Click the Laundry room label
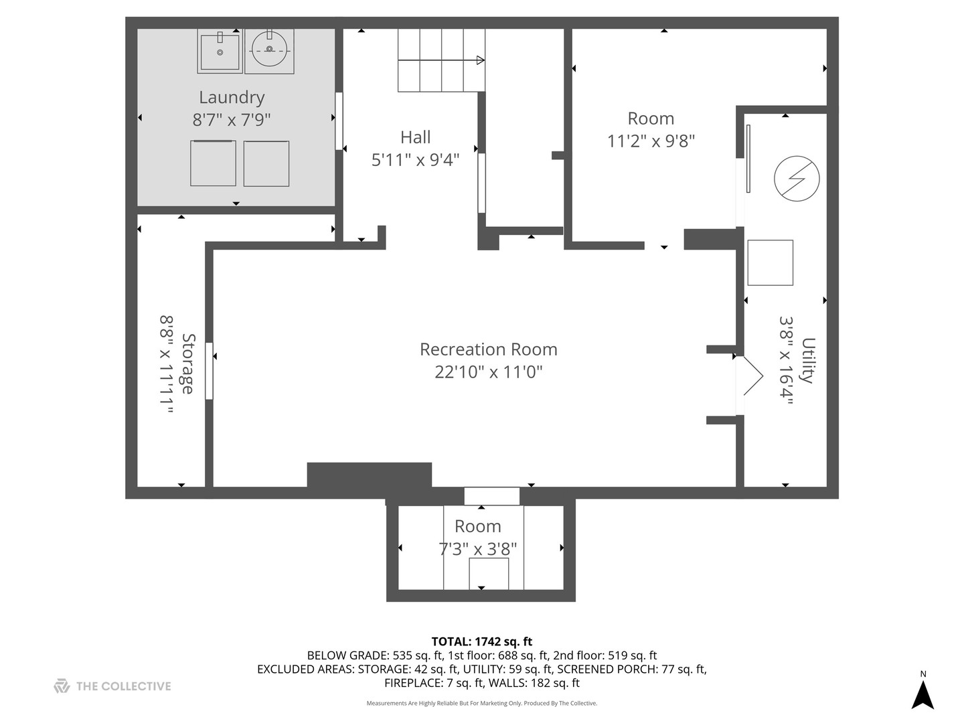pyautogui.click(x=232, y=98)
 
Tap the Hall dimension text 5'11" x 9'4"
pyautogui.click(x=415, y=160)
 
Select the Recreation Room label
pyautogui.click(x=489, y=349)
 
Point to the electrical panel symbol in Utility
pyautogui.click(x=796, y=179)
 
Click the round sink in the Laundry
pyautogui.click(x=269, y=49)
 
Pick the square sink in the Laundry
pyautogui.click(x=220, y=52)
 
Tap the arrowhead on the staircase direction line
pyautogui.click(x=481, y=60)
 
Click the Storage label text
pyautogui.click(x=188, y=364)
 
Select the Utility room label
pyautogui.click(x=808, y=360)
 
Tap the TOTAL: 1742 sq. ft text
pyautogui.click(x=482, y=641)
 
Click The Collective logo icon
pyautogui.click(x=62, y=686)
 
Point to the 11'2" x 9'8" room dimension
pyautogui.click(x=651, y=141)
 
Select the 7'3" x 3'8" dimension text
pyautogui.click(x=478, y=549)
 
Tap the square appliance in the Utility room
pyautogui.click(x=770, y=262)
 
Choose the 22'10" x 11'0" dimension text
pyautogui.click(x=489, y=372)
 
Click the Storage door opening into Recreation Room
pyautogui.click(x=209, y=371)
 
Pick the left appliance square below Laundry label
pyautogui.click(x=213, y=163)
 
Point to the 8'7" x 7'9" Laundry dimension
pyautogui.click(x=232, y=120)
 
